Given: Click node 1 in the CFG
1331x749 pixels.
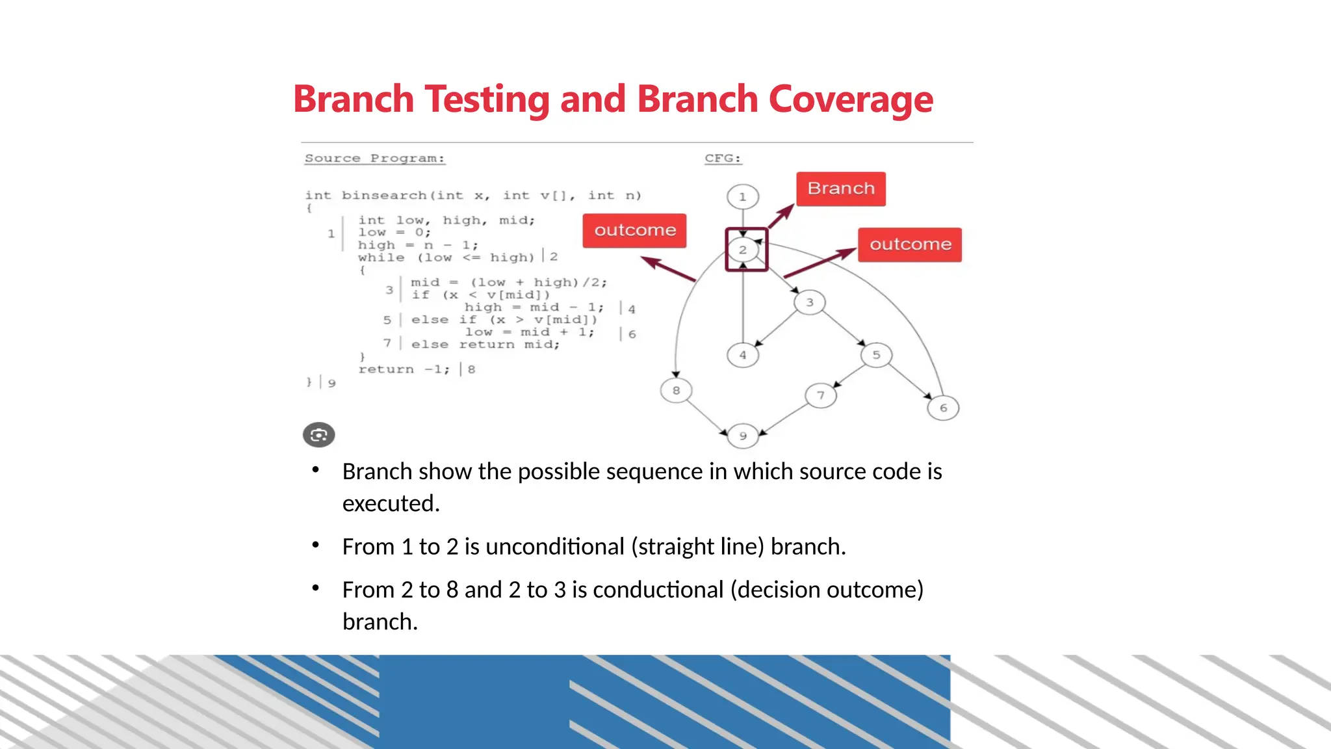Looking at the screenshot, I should tap(743, 196).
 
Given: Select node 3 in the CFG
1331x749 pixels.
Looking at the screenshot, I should tap(809, 302).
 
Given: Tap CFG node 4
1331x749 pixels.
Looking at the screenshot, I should tap(743, 355).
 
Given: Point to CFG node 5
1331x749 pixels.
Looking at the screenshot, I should tap(876, 355).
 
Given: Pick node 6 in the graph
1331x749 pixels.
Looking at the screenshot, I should tap(943, 408).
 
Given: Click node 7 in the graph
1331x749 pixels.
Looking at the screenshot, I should tap(821, 395).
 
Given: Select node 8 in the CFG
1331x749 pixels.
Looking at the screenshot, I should tap(676, 390).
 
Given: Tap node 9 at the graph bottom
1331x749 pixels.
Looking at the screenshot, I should tap(743, 436).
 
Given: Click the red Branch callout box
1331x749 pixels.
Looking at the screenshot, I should tap(841, 189).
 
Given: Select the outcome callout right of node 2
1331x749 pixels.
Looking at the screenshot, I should tap(910, 244).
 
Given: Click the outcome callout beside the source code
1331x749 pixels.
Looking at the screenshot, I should tap(634, 230).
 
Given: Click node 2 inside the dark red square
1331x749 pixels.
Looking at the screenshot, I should tap(743, 250).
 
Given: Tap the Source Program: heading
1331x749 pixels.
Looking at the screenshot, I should tap(375, 159).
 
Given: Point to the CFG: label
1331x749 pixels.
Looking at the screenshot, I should tap(723, 159).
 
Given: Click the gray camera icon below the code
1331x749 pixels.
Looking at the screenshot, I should tap(318, 435).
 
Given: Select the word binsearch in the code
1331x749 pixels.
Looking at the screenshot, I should tap(383, 196).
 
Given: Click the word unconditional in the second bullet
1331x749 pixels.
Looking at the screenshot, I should tap(554, 547).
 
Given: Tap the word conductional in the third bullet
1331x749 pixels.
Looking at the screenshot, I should tap(658, 590).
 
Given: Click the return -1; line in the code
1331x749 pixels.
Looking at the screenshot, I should tap(403, 369).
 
